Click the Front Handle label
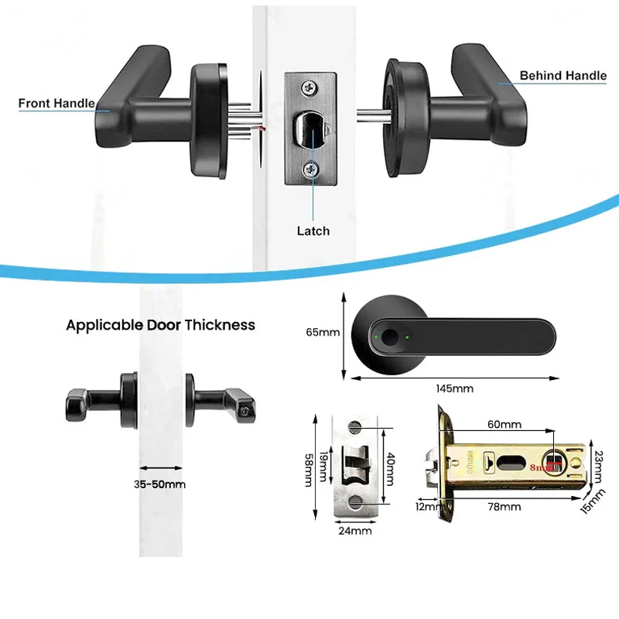(x=56, y=103)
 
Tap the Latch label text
(x=313, y=231)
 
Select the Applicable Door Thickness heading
(x=160, y=325)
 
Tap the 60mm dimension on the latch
(x=504, y=425)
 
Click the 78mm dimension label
(x=504, y=507)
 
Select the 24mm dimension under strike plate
(x=356, y=531)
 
